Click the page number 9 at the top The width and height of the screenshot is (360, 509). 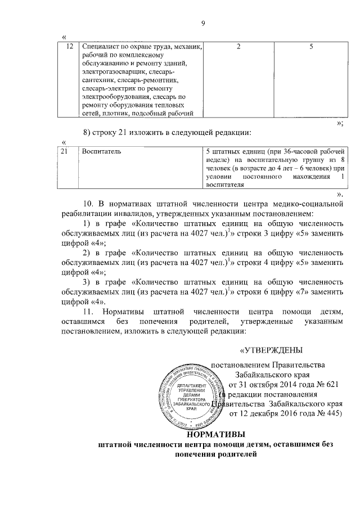203,22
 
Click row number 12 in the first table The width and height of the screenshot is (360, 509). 70,47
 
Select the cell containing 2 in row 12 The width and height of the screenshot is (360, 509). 238,47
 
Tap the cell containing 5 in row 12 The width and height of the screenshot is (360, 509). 311,47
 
